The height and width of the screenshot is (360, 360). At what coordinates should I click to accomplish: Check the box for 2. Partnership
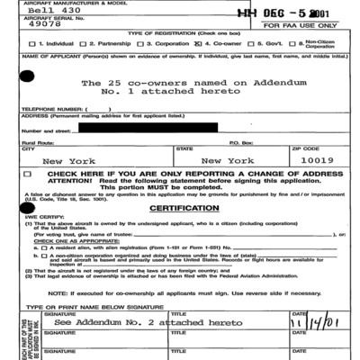click(x=84, y=43)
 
